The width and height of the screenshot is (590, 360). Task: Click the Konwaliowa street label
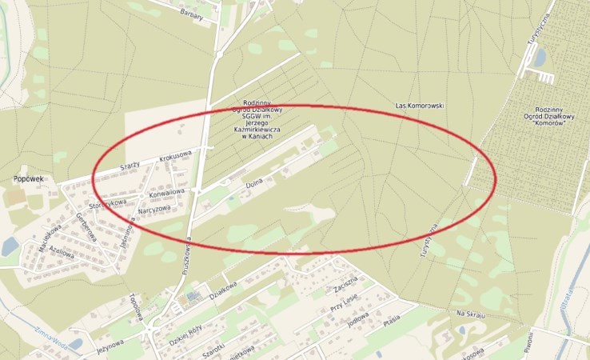coord(166,193)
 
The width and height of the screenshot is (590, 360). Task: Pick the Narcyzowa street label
coord(153,210)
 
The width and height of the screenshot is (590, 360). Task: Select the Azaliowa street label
coord(62,254)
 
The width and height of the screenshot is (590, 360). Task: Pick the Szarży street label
coord(130,163)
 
